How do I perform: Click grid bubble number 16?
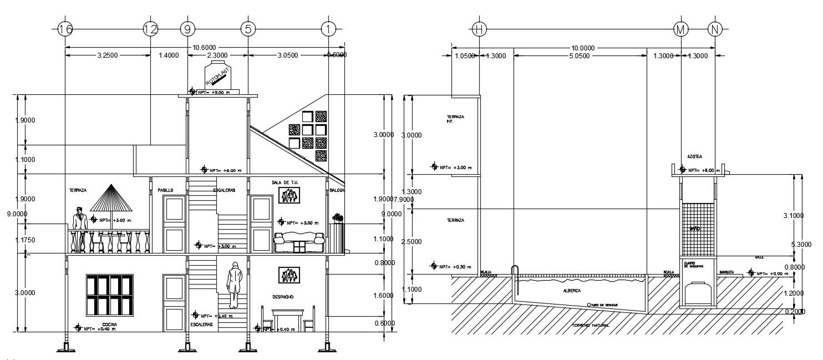(65, 29)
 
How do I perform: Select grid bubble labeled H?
(479, 29)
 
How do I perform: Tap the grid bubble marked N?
(715, 29)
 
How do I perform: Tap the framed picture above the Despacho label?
(288, 275)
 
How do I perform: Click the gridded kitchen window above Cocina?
(109, 295)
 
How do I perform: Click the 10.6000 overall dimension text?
(204, 48)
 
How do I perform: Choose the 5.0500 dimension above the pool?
(580, 55)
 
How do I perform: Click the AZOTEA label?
(694, 157)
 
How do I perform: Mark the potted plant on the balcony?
(337, 218)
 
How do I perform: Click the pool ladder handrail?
(515, 272)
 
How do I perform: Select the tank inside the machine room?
(697, 293)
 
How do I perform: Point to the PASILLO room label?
(165, 190)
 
